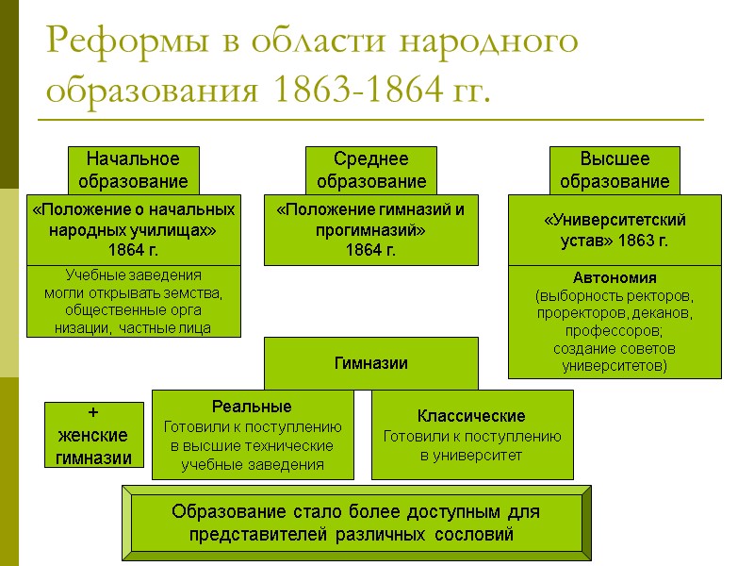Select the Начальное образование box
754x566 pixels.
(x=133, y=169)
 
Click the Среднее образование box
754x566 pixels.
(x=370, y=169)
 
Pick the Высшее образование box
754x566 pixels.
(x=615, y=169)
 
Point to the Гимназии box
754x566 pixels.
(x=370, y=363)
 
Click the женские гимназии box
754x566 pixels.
(x=94, y=435)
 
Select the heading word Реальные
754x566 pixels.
(x=252, y=407)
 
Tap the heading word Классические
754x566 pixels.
(x=471, y=416)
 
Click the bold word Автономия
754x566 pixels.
(x=615, y=278)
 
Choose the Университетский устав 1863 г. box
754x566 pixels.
(x=615, y=229)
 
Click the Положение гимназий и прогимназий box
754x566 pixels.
(x=370, y=229)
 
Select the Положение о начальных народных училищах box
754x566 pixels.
(x=133, y=229)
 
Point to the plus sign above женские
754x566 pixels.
(x=92, y=412)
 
